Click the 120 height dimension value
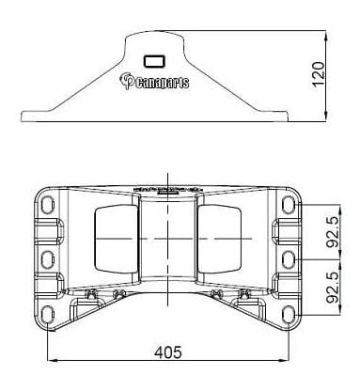[x=319, y=74]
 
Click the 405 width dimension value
[x=168, y=352]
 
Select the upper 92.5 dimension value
[x=333, y=232]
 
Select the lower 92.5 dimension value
[x=333, y=288]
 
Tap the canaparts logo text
[x=155, y=82]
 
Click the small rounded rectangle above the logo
[x=154, y=61]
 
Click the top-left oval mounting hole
[x=47, y=205]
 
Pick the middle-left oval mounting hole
[x=47, y=259]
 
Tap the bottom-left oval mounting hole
[x=47, y=314]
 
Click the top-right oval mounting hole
[x=289, y=205]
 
